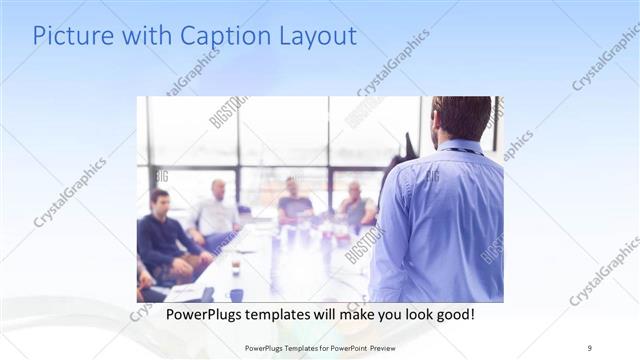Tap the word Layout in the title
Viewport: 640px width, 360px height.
click(314, 38)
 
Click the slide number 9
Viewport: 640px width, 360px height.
click(590, 347)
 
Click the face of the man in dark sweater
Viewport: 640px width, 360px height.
click(159, 199)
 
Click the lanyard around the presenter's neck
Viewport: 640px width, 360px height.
click(461, 151)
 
